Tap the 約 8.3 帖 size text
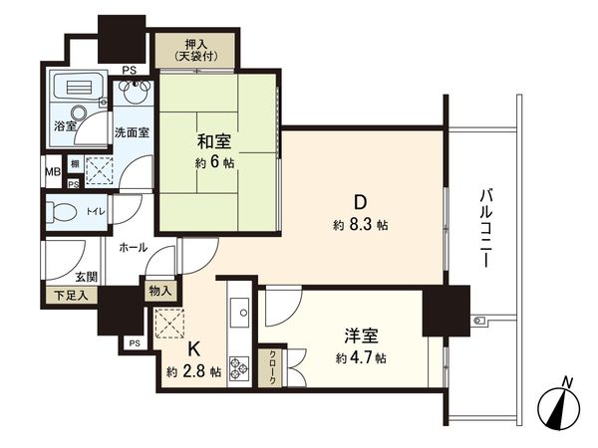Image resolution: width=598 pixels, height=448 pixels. coord(360,225)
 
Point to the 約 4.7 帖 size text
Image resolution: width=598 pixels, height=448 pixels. coord(360,357)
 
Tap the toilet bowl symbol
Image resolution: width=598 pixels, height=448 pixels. coord(62,211)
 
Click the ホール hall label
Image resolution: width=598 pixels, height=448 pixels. coord(133,246)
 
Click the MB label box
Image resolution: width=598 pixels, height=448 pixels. coord(50,170)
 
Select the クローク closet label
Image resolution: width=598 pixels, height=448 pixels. coord(268,368)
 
